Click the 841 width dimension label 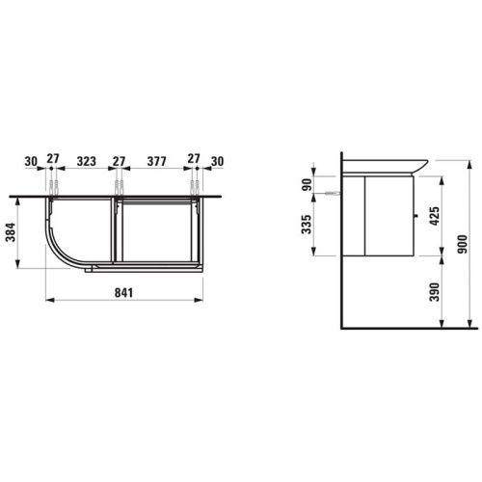[x=123, y=293]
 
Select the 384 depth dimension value [x=11, y=232]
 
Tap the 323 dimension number [x=87, y=161]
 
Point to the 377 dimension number [x=156, y=161]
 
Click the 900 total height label [x=463, y=244]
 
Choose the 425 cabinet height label [x=435, y=216]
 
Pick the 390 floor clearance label [x=435, y=292]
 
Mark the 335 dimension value [x=307, y=225]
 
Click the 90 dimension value [x=308, y=184]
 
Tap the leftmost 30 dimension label [x=31, y=161]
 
